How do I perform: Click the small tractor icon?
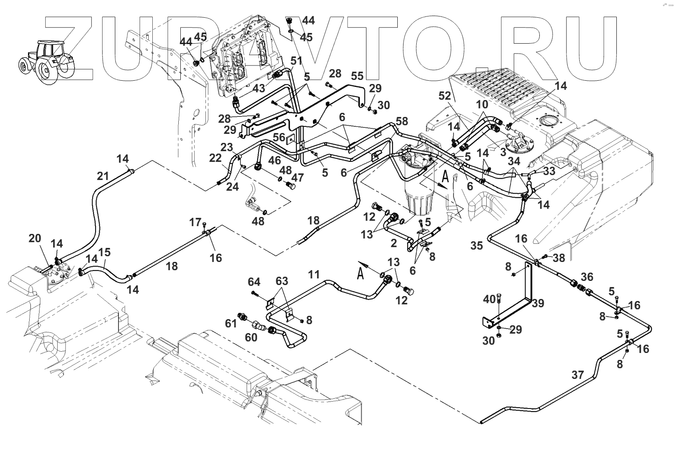[46, 62]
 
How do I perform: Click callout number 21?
[103, 176]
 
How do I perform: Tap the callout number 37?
[577, 375]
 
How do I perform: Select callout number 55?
[357, 76]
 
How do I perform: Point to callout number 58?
[402, 121]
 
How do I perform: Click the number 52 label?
[445, 96]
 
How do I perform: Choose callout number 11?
[314, 274]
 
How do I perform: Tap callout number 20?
[35, 238]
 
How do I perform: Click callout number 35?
[477, 246]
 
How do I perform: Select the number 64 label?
[254, 282]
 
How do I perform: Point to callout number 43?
[259, 89]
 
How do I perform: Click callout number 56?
[279, 137]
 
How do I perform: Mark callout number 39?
[538, 304]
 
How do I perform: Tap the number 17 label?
[195, 222]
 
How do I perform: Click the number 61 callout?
[231, 324]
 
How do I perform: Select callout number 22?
[215, 158]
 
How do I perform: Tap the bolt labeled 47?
[290, 185]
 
